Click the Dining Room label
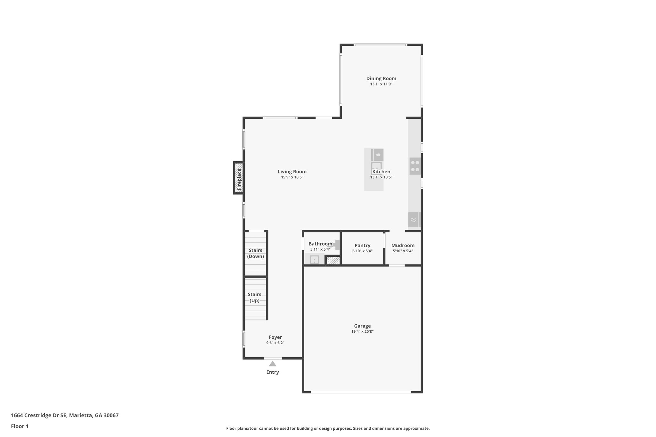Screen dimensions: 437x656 381,78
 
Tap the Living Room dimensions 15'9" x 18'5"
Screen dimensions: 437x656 292,177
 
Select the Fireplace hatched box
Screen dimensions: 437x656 239,178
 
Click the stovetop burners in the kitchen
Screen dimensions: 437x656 415,166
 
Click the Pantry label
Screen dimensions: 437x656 362,246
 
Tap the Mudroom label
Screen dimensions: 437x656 403,246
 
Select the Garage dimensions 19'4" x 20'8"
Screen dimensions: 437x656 362,332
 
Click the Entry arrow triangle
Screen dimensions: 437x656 273,364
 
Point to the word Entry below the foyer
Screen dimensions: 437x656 273,372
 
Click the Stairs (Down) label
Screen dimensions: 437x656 256,253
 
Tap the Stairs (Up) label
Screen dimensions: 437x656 255,297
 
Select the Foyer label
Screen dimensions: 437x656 275,337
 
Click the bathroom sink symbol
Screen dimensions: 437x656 314,260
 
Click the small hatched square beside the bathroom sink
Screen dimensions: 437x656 333,260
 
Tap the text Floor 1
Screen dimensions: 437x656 20,426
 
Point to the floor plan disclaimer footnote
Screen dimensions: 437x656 328,428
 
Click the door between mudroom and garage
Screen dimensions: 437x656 397,265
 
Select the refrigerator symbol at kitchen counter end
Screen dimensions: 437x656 414,220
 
